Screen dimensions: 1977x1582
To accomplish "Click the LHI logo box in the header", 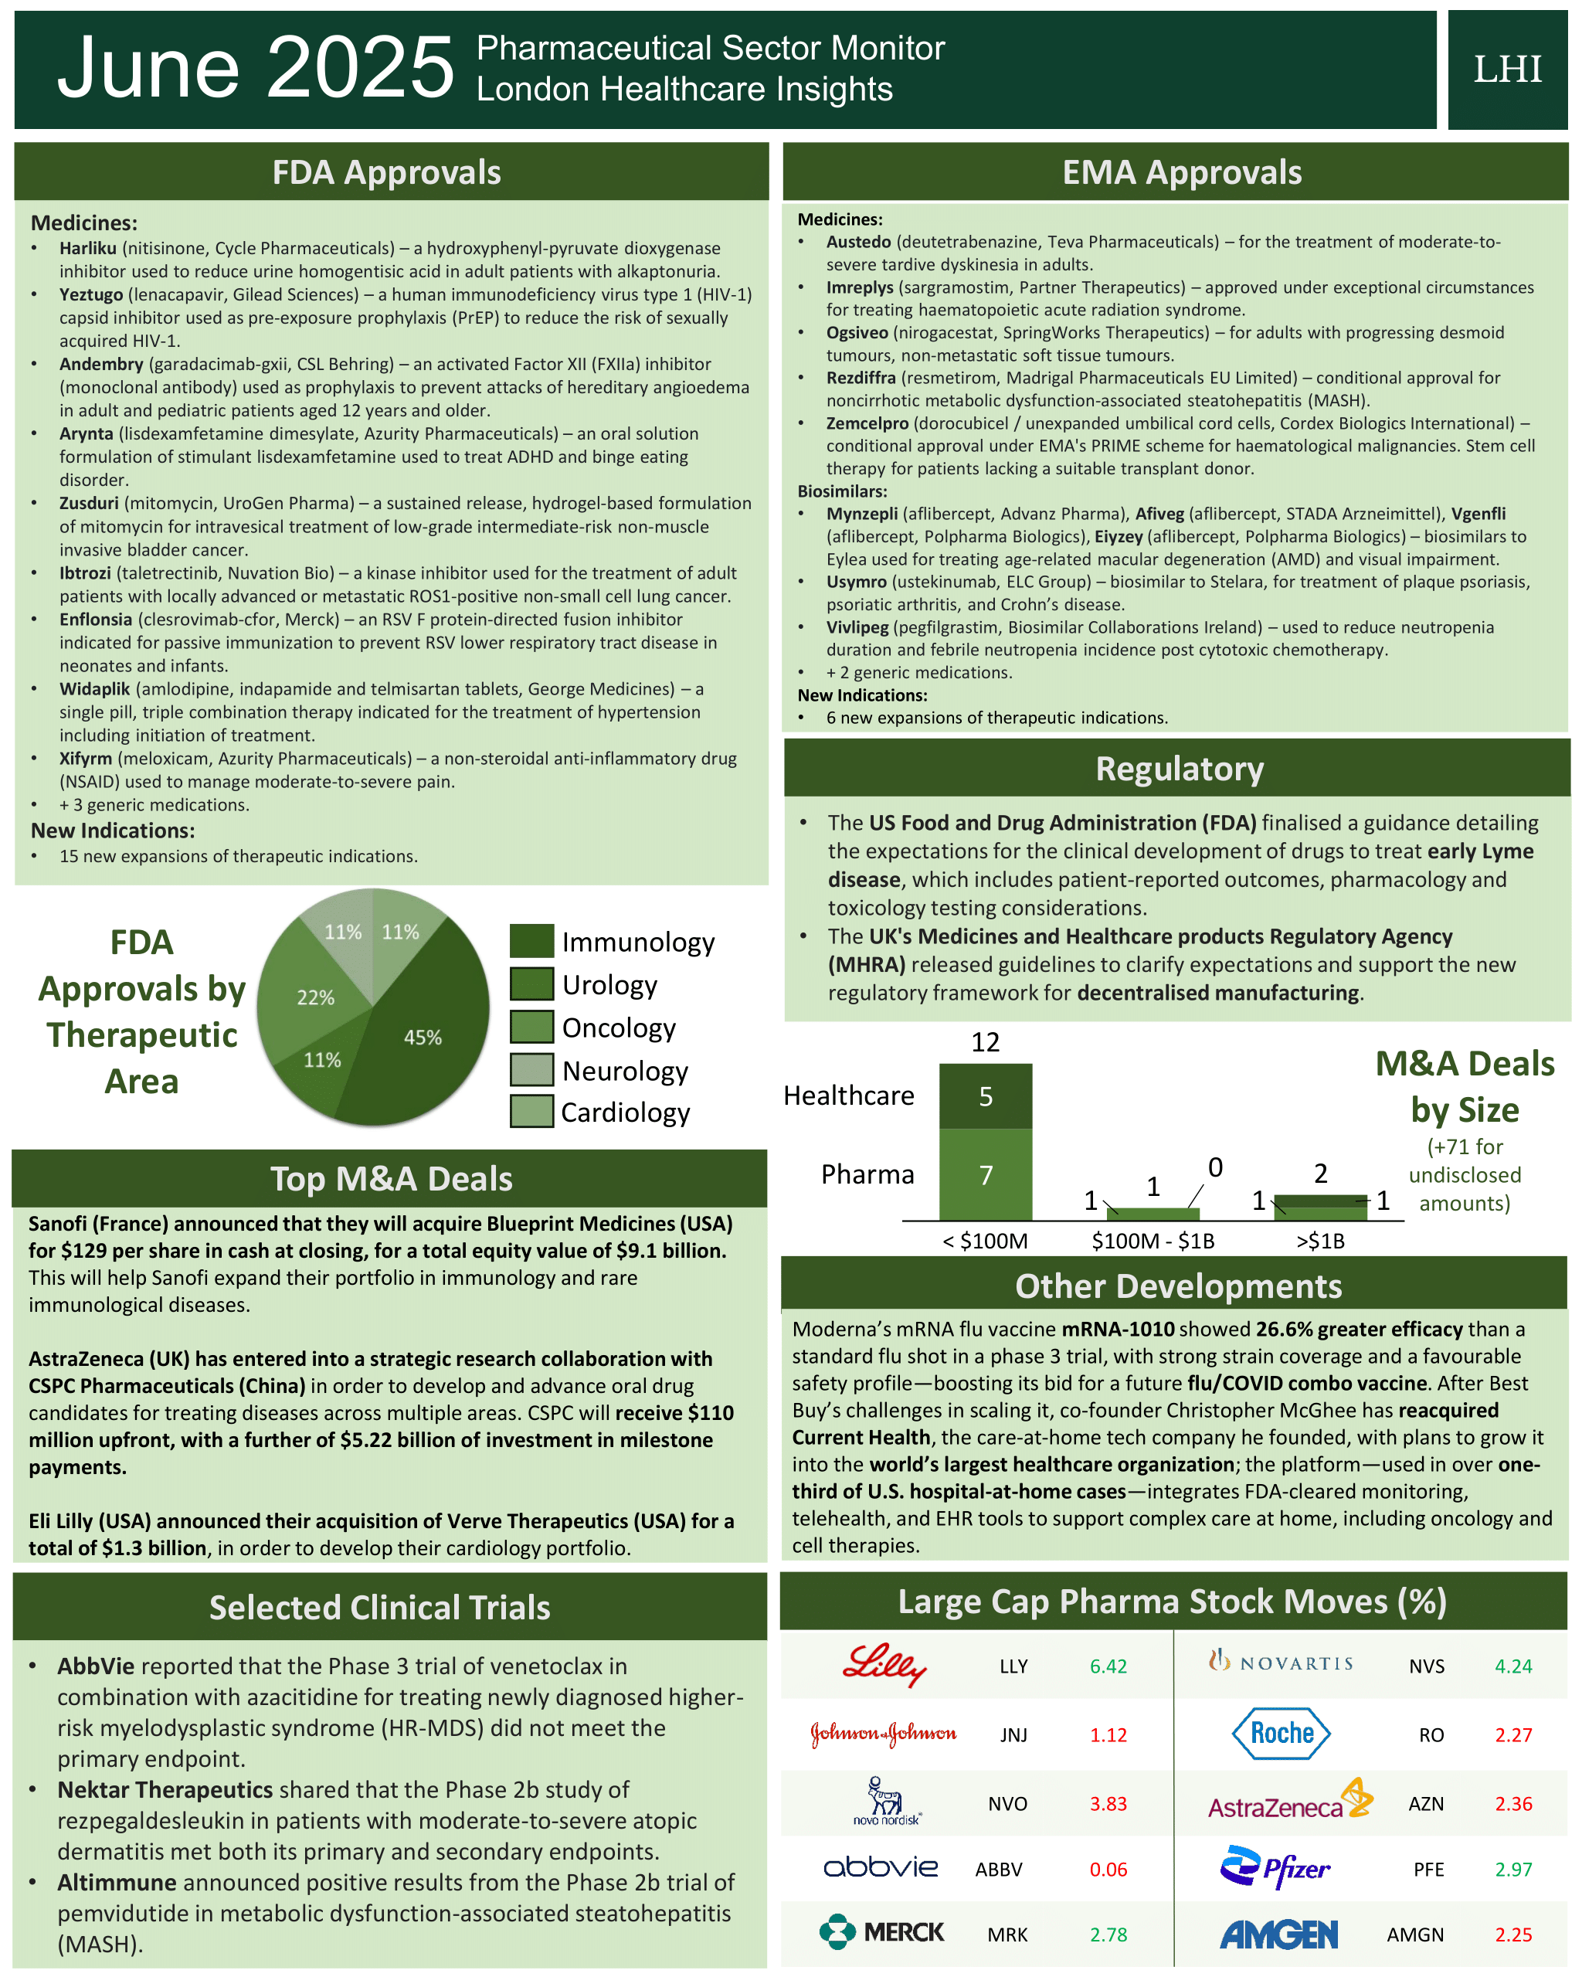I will tap(1507, 70).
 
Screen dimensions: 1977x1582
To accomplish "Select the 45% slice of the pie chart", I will tap(417, 1045).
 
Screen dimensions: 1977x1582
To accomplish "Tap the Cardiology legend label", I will tap(625, 1112).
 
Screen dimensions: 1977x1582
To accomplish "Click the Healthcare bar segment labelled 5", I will tap(985, 1096).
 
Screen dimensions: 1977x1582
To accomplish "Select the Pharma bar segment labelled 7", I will tap(985, 1174).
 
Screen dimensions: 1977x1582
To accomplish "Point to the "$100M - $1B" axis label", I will tap(1152, 1241).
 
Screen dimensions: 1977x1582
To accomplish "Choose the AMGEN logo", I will tap(1278, 1934).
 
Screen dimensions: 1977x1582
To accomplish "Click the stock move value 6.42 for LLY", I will tap(1108, 1666).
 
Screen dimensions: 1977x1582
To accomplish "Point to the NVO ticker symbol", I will tap(1007, 1804).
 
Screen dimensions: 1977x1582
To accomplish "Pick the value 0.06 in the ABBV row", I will tap(1108, 1870).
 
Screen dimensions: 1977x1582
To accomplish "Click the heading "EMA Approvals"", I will tap(1181, 172).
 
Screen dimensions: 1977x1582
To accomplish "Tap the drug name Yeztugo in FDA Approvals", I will tap(91, 294).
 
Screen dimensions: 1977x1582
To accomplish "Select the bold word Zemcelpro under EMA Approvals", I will tap(867, 423).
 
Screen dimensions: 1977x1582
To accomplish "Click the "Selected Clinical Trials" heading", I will tap(380, 1608).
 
